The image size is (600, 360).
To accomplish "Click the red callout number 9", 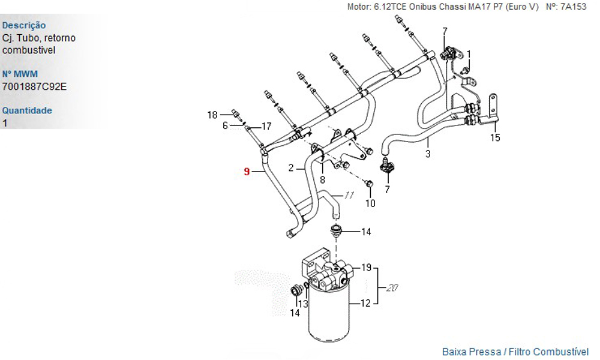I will (x=247, y=172).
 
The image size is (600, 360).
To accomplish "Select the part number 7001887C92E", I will (x=35, y=86).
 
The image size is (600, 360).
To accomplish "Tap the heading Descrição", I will (x=24, y=25).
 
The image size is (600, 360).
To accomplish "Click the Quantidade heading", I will (x=27, y=110).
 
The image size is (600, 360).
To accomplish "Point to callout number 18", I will (x=212, y=115).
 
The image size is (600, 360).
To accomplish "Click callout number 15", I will (x=495, y=138).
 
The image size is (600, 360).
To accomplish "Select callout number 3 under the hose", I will (x=428, y=154).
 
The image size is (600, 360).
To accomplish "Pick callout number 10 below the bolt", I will (x=370, y=203).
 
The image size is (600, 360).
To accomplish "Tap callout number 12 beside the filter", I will (x=365, y=304).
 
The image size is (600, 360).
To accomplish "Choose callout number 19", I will (x=366, y=268).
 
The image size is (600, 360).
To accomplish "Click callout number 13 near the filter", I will (x=304, y=304).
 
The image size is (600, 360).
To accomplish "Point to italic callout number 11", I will (x=349, y=195).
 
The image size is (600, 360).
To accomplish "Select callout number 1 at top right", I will (x=469, y=53).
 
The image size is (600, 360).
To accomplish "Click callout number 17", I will (x=266, y=126).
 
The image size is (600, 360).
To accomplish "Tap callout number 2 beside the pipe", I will (x=291, y=169).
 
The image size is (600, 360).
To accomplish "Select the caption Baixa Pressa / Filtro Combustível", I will (x=515, y=352).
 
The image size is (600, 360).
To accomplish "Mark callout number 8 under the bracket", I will (x=322, y=179).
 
